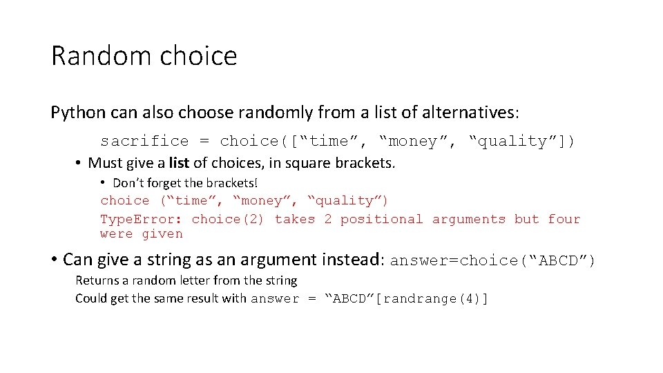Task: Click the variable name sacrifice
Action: click(x=144, y=142)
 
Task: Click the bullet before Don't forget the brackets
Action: click(x=102, y=183)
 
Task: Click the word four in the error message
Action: click(x=564, y=220)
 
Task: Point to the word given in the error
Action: click(x=162, y=234)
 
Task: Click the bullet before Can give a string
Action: click(x=53, y=260)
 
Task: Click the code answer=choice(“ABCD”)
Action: click(x=492, y=261)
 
